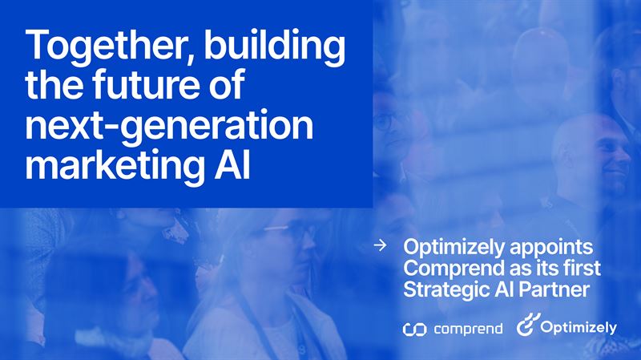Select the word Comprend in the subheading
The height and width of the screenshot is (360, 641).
coord(445,268)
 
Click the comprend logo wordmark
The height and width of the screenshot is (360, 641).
coord(468,329)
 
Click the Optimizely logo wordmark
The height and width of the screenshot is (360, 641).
coord(579,327)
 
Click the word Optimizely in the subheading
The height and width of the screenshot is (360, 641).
coord(449,247)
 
